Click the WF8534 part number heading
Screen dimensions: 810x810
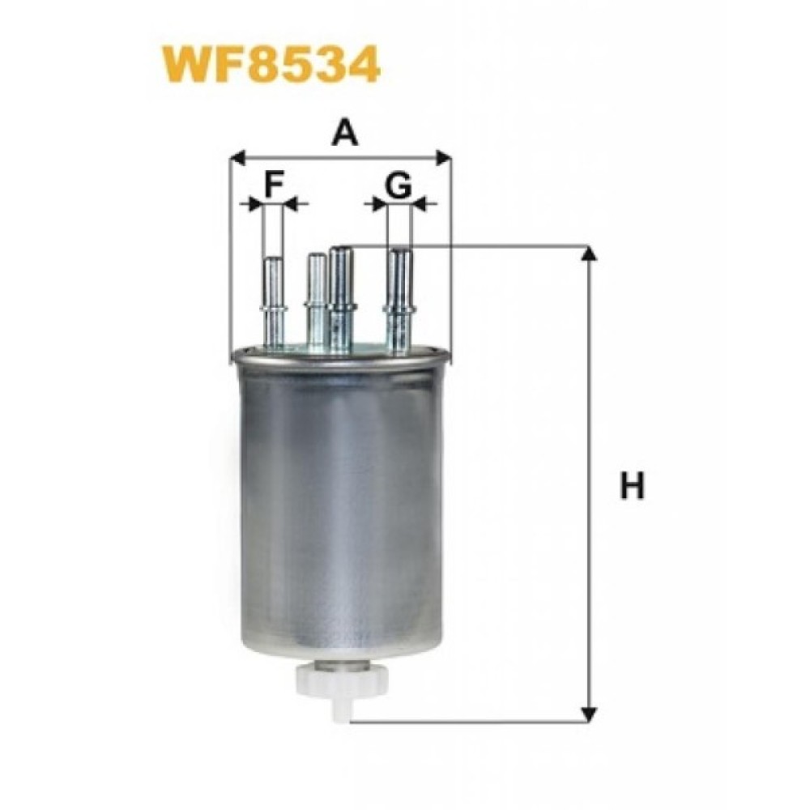pyautogui.click(x=271, y=65)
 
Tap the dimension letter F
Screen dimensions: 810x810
pyautogui.click(x=275, y=185)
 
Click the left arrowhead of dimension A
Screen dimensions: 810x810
pyautogui.click(x=237, y=158)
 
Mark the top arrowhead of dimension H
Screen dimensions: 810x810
pyautogui.click(x=588, y=254)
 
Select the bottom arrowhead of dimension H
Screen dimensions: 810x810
pyautogui.click(x=588, y=714)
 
